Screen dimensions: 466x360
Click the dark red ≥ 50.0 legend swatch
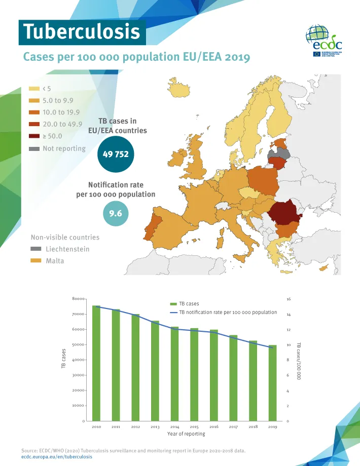34,136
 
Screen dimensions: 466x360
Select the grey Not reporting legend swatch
34,149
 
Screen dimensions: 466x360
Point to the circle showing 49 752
116,154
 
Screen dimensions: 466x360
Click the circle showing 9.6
116,214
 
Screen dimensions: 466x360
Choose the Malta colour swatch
36,261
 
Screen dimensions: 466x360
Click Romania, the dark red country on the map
287,213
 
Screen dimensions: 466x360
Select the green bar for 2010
96,363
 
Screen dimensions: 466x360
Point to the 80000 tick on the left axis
78,299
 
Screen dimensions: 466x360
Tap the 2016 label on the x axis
213,427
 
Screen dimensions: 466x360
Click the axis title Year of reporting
186,434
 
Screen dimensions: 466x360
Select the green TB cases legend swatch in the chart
173,304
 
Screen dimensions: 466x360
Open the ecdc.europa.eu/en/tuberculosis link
56,456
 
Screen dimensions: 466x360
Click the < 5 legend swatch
34,89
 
